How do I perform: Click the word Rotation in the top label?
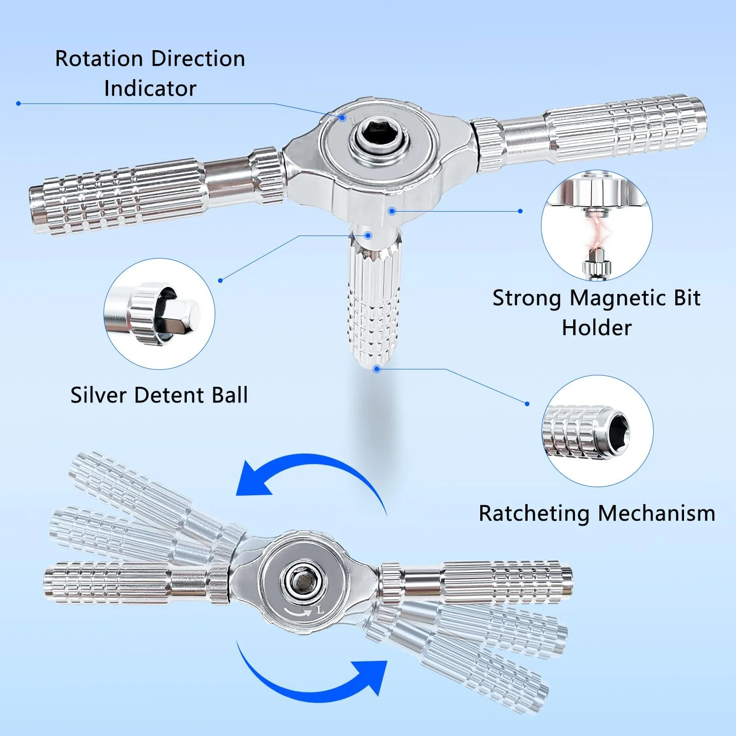[99, 59]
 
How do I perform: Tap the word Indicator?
[150, 88]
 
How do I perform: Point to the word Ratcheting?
[534, 513]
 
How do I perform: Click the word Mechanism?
[656, 513]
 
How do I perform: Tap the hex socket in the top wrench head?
[379, 137]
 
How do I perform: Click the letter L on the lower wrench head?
[320, 610]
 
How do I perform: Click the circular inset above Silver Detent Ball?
[159, 314]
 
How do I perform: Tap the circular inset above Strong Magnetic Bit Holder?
[597, 225]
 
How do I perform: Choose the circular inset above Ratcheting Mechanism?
[598, 431]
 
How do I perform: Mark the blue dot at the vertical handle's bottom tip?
[377, 368]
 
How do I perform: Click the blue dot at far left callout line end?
[18, 103]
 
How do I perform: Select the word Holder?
[597, 328]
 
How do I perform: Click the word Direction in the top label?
[198, 59]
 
